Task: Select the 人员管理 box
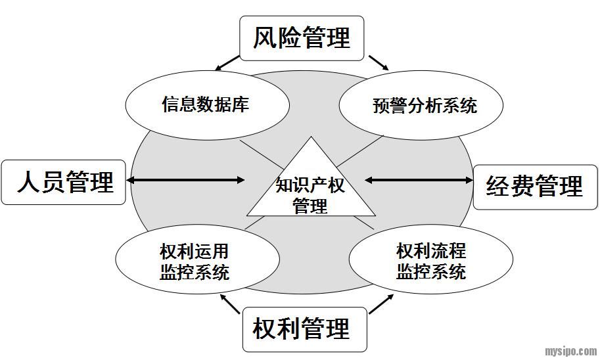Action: pos(64,181)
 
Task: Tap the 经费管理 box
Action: pos(535,187)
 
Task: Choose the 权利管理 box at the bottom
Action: pos(302,328)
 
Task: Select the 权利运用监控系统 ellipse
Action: pos(195,261)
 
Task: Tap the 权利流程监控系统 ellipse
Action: pos(430,261)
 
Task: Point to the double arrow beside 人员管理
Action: pos(185,179)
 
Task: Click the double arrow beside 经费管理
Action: pos(419,179)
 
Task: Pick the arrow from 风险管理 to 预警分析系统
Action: pos(379,62)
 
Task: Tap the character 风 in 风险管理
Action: pos(265,37)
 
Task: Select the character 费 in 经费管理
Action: pos(522,187)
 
